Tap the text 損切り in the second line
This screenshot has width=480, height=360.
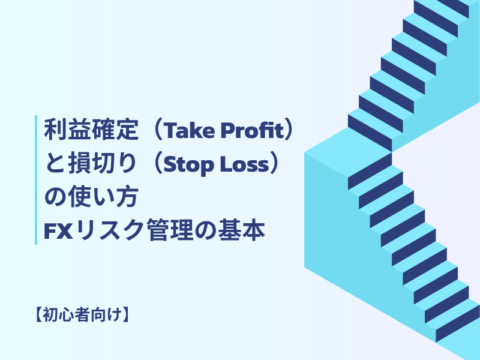point(98,164)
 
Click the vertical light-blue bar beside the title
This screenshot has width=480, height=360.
point(37,180)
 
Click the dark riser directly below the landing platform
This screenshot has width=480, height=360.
point(370,170)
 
